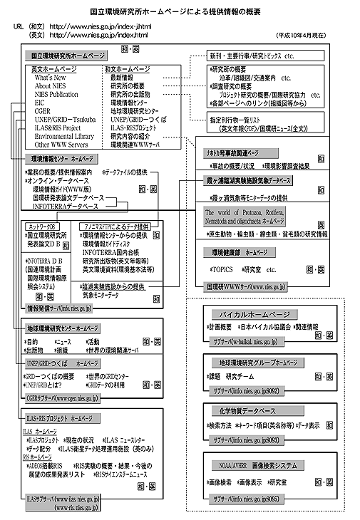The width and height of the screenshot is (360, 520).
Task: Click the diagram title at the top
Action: pyautogui.click(x=180, y=12)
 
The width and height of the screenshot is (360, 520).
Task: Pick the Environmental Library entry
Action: pyautogui.click(x=63, y=135)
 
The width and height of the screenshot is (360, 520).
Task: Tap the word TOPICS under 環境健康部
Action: pyautogui.click(x=223, y=271)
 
